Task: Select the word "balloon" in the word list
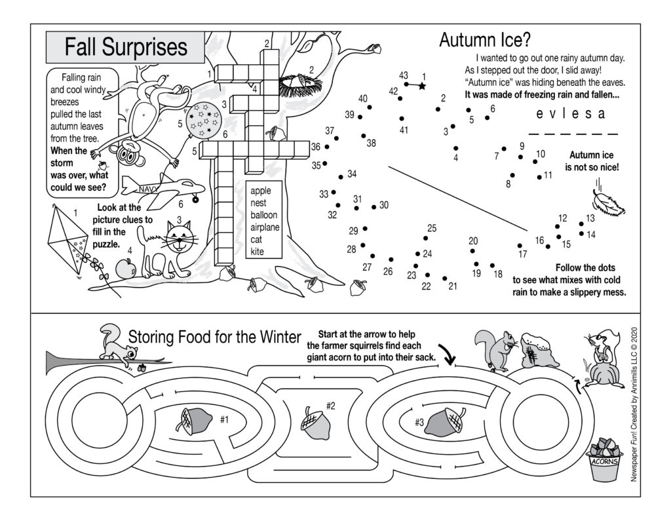(x=263, y=214)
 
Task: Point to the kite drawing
(x=68, y=237)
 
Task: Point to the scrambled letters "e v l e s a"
(x=570, y=115)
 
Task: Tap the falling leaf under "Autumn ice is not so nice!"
(x=607, y=201)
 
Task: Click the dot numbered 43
(x=407, y=84)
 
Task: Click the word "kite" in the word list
(x=258, y=252)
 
